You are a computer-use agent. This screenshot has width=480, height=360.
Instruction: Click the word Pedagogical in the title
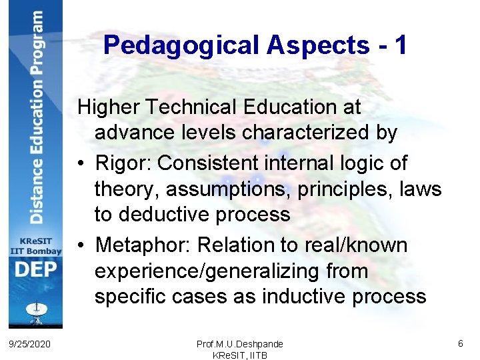pos(182,45)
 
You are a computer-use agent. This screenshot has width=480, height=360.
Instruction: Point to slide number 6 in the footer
pos(460,343)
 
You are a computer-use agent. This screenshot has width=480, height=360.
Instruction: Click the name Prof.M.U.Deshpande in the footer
pos(239,344)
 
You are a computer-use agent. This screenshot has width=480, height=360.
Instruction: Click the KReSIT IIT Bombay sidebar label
pos(35,245)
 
